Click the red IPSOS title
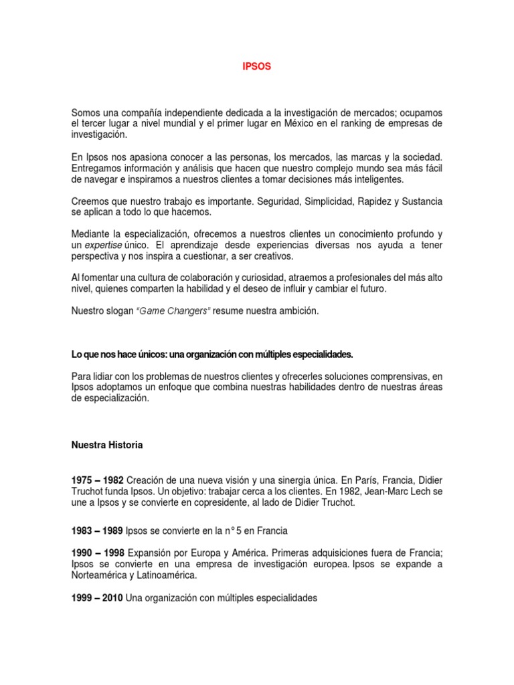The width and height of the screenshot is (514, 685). point(256,68)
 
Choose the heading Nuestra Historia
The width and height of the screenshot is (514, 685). point(106,445)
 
